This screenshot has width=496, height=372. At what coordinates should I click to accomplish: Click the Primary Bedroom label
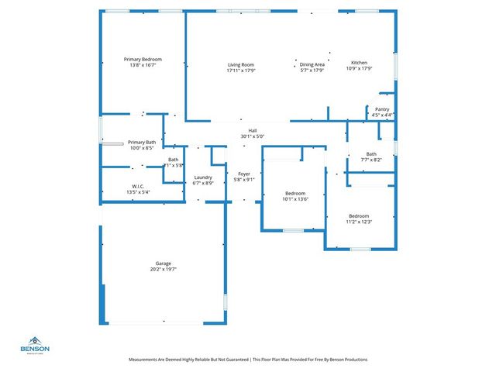click(142, 59)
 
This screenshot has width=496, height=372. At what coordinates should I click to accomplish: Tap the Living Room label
click(241, 64)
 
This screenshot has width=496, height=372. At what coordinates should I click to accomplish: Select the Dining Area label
click(312, 64)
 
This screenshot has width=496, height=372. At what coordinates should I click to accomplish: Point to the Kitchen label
click(359, 63)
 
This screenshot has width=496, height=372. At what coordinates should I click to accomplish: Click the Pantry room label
click(382, 109)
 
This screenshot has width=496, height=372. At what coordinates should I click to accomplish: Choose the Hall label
click(252, 130)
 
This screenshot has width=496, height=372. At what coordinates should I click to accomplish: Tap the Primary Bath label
click(142, 143)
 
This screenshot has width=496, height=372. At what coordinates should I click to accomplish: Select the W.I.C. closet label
click(138, 186)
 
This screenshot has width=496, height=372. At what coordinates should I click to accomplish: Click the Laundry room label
click(203, 177)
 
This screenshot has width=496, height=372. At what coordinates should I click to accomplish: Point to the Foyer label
click(244, 174)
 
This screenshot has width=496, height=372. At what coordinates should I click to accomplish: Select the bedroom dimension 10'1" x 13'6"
click(295, 199)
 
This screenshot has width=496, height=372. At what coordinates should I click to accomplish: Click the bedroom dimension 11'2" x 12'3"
click(359, 222)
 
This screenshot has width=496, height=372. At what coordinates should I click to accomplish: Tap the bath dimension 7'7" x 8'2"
click(371, 160)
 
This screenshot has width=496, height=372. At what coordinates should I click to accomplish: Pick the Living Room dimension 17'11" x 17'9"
click(241, 71)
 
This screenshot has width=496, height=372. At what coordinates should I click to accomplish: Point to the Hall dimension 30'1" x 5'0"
click(252, 136)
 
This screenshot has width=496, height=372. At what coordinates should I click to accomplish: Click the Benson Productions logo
click(36, 345)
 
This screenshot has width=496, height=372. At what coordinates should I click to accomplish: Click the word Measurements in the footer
click(146, 360)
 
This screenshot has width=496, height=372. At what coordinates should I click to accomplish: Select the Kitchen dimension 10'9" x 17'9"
click(359, 69)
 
